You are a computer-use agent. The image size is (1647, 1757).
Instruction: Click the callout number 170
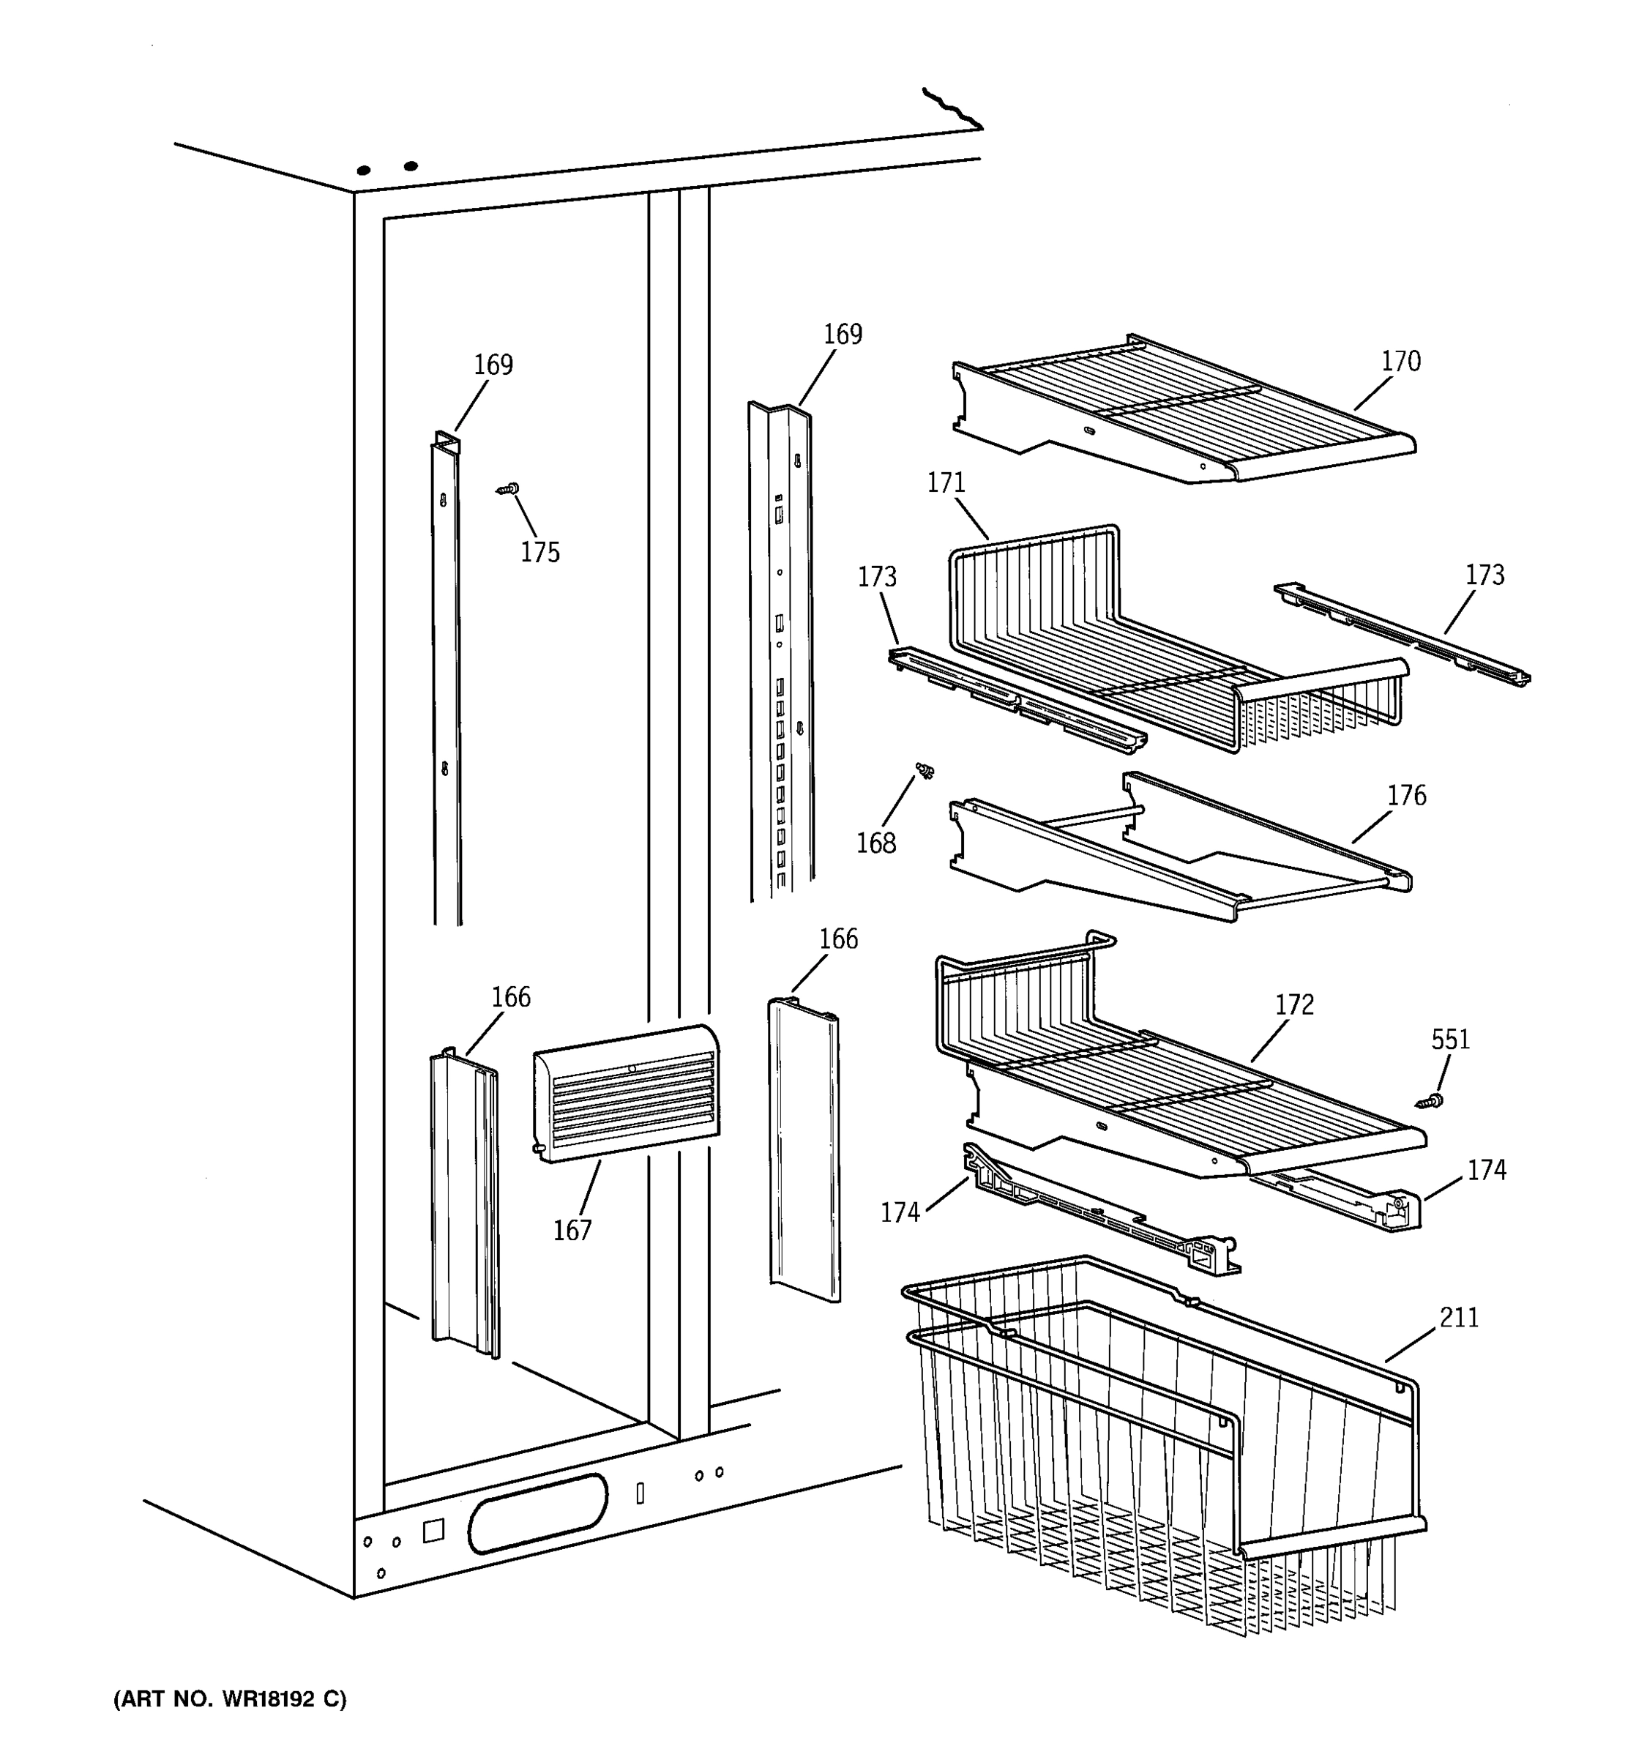coord(1400,362)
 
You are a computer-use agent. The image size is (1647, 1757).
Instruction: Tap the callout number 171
coord(946,483)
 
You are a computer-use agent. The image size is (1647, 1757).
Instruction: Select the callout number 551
coord(1450,1040)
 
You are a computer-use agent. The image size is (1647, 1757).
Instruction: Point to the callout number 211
coord(1459,1318)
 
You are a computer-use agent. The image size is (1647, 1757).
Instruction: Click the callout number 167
coord(572,1230)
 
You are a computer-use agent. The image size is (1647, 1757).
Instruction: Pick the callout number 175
coord(540,553)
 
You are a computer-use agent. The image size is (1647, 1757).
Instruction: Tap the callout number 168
coord(875,843)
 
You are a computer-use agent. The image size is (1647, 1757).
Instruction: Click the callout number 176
coord(1405,796)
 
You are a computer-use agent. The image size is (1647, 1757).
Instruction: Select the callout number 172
coord(1294,1005)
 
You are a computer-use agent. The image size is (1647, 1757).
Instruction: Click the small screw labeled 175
coord(508,488)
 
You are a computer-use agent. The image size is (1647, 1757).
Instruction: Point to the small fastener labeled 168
coord(925,771)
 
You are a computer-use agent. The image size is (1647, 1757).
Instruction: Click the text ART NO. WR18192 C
coord(230,1700)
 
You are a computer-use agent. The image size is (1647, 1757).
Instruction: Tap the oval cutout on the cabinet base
coord(537,1513)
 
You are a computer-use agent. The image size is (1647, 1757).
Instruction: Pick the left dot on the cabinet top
coord(363,170)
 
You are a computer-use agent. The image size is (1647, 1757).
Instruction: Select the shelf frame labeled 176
coord(1175,848)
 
